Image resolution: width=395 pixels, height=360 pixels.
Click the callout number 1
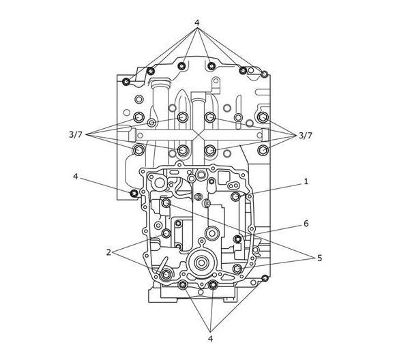click(x=306, y=181)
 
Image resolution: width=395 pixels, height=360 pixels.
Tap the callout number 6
click(x=306, y=224)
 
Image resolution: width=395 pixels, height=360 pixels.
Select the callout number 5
click(x=319, y=258)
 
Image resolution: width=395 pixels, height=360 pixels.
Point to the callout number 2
click(x=108, y=252)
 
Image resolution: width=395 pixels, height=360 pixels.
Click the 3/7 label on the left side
click(x=76, y=135)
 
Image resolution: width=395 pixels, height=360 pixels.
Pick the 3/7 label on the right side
click(x=306, y=136)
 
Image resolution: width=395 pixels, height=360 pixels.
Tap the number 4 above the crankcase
click(x=197, y=22)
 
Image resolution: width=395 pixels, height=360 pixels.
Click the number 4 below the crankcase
click(x=210, y=339)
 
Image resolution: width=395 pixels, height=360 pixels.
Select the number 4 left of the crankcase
click(x=76, y=177)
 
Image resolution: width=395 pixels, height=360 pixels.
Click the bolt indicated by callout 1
click(x=236, y=196)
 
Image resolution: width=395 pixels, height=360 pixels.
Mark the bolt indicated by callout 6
click(x=237, y=239)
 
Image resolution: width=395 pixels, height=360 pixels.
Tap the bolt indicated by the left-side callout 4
click(x=134, y=194)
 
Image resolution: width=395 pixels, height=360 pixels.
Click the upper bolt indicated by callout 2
click(x=166, y=233)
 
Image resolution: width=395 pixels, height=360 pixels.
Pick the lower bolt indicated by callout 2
click(x=166, y=274)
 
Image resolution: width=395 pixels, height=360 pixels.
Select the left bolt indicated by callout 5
click(x=166, y=202)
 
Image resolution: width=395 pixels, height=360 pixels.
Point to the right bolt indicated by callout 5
click(x=237, y=269)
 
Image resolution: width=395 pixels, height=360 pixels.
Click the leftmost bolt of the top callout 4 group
click(x=126, y=82)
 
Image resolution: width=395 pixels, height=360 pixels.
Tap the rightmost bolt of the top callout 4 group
click(x=264, y=74)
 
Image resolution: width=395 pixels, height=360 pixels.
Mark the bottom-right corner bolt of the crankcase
click(x=265, y=278)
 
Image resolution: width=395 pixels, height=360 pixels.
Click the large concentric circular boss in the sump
click(x=201, y=263)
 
